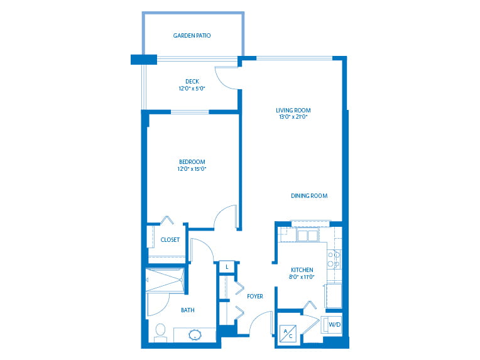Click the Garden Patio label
(192, 36)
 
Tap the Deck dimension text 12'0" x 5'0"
(192, 89)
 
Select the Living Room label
(293, 110)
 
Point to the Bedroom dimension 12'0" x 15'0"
(192, 168)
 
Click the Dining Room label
(309, 195)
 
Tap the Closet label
(170, 240)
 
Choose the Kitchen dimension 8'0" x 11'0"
(302, 276)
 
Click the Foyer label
(255, 297)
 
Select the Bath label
(188, 310)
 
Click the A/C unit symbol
(288, 333)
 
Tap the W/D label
(335, 324)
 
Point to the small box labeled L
(227, 267)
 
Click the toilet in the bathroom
(160, 333)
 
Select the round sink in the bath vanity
(195, 334)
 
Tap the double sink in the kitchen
(307, 236)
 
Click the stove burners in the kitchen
(334, 259)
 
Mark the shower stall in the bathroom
(165, 280)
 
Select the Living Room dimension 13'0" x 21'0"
(293, 117)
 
